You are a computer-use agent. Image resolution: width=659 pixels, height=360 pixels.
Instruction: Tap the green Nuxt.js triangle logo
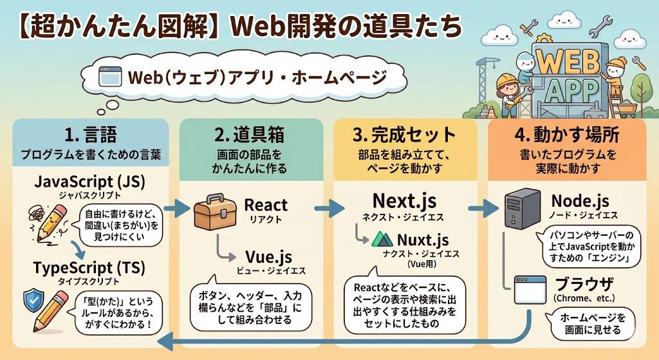382,240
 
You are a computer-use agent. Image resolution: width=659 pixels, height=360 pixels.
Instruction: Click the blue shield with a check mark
34,300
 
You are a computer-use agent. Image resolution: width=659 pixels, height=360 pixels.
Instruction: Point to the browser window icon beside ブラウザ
531,290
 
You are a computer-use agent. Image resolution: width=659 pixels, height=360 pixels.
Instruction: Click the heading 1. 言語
91,135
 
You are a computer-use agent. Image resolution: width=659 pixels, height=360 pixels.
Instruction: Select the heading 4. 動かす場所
566,135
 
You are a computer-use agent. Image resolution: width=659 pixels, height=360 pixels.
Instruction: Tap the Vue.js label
268,256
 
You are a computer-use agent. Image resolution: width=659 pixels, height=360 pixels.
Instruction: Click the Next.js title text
404,200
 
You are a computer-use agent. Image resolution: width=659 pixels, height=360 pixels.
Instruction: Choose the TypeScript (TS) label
89,268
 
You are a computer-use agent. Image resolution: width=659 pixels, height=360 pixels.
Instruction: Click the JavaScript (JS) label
90,182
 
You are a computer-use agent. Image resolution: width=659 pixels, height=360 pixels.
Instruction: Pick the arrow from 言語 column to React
177,208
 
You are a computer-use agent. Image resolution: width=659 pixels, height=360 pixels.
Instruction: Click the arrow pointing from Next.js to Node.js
483,208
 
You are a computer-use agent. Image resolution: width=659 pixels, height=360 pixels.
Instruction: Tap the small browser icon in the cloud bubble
109,77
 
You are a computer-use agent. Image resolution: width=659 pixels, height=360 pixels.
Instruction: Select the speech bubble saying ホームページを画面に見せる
592,324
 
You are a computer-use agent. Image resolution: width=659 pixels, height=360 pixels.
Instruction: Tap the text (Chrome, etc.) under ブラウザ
584,298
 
